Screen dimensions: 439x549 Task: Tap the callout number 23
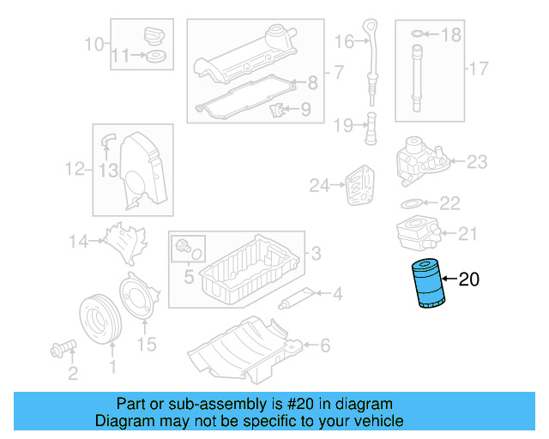[x=476, y=160]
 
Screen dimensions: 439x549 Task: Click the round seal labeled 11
[x=155, y=57]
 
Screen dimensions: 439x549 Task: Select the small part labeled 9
[x=276, y=111]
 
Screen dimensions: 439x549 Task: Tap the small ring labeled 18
[x=417, y=34]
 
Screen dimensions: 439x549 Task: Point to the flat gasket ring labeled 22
[x=411, y=204]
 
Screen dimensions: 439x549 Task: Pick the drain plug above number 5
[x=183, y=246]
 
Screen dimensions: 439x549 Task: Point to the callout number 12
[x=75, y=170]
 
